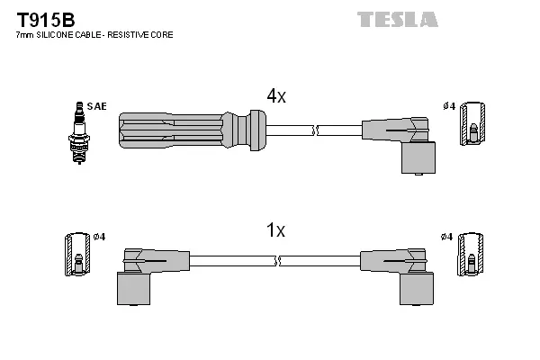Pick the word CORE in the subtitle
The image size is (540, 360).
coord(162,35)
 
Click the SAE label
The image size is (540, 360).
coord(97,106)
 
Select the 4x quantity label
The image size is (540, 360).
coord(275,96)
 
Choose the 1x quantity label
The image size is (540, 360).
coord(275,231)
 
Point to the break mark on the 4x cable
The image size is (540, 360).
coord(314,131)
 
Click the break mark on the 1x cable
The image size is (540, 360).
coord(277,261)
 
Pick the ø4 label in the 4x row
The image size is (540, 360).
coord(448,106)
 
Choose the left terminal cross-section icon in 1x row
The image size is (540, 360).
coord(77,257)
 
